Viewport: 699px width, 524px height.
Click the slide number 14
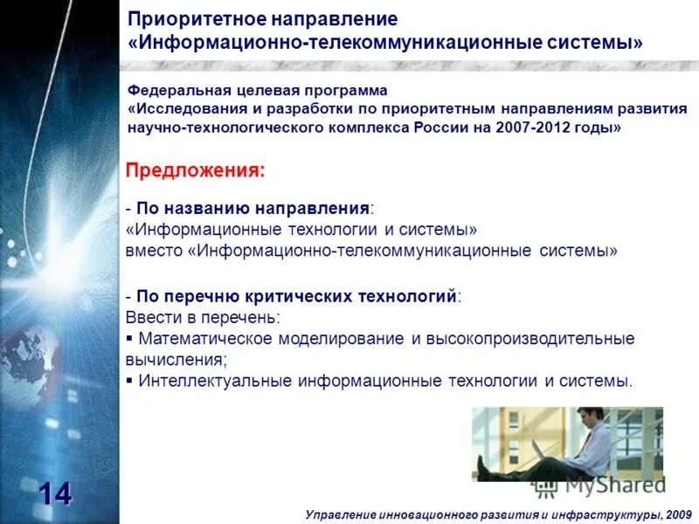(x=53, y=494)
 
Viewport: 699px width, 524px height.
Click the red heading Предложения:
(x=196, y=170)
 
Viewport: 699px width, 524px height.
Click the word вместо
(x=154, y=251)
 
